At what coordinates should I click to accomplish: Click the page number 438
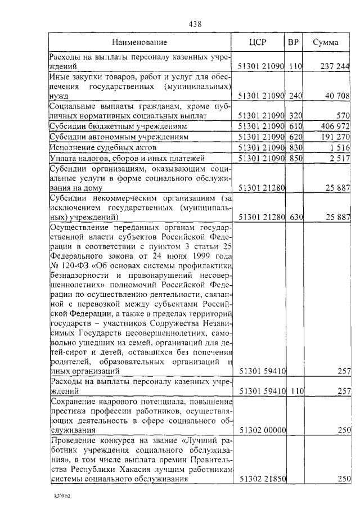pyautogui.click(x=195, y=24)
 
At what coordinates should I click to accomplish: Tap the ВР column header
pyautogui.click(x=294, y=43)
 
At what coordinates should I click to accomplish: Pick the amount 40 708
pyautogui.click(x=336, y=96)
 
